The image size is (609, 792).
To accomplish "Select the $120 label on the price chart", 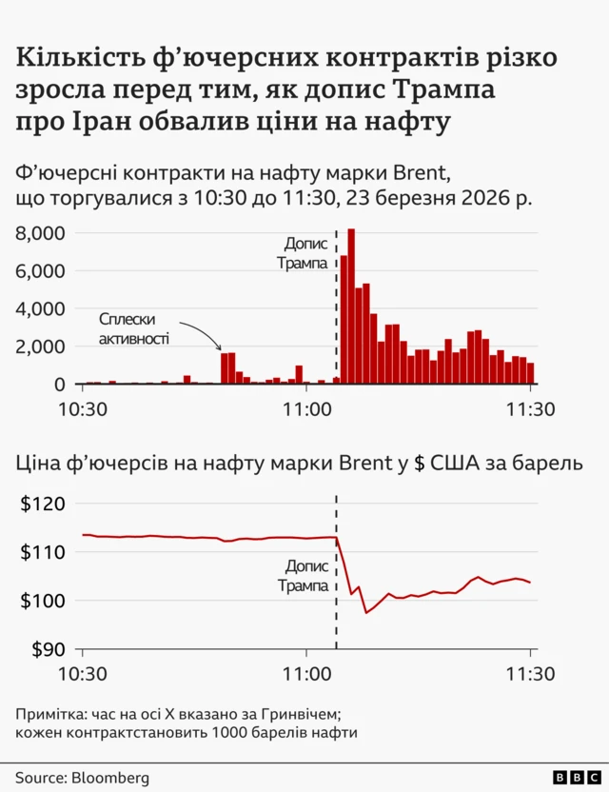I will pyautogui.click(x=42, y=505).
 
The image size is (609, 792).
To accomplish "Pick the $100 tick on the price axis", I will pyautogui.click(x=42, y=602).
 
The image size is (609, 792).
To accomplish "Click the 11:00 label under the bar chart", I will pyautogui.click(x=306, y=409).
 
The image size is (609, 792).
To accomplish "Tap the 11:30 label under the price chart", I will pyautogui.click(x=530, y=675).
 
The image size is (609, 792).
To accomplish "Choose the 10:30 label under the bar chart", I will pyautogui.click(x=83, y=409).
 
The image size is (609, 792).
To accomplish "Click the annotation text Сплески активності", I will pyautogui.click(x=134, y=328).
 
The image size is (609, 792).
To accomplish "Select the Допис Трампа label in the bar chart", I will pyautogui.click(x=304, y=253).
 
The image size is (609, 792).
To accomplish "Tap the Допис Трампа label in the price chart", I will pyautogui.click(x=304, y=577).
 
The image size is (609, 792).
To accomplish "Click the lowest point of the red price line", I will pyautogui.click(x=367, y=612).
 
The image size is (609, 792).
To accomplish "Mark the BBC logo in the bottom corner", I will pyautogui.click(x=573, y=778).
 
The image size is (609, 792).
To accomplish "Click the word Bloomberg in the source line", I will pyautogui.click(x=110, y=778).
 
